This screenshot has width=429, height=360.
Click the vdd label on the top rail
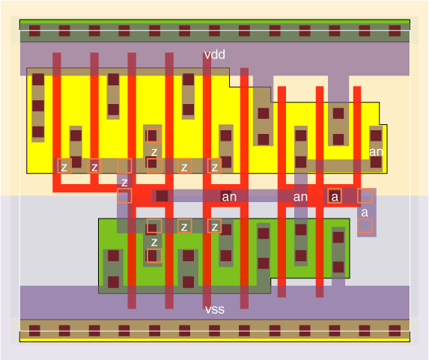(215, 55)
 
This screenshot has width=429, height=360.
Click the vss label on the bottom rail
(215, 310)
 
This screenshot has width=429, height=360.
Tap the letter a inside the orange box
(335, 196)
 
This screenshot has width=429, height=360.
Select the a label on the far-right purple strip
(365, 213)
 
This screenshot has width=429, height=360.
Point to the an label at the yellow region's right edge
(376, 152)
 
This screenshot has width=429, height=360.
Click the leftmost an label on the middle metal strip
(229, 197)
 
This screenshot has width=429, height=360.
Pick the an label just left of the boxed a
(300, 197)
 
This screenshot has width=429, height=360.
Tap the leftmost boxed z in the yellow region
(64, 166)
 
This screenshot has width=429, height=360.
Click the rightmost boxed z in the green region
(214, 227)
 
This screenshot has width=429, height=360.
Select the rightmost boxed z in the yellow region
(214, 166)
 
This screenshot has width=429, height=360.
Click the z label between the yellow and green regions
(124, 182)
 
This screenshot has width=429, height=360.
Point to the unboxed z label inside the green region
(154, 242)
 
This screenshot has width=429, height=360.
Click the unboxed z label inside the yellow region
(154, 152)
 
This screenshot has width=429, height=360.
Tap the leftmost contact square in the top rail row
(34, 31)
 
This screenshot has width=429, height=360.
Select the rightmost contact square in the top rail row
(395, 31)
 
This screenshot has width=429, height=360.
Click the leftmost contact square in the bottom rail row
(34, 331)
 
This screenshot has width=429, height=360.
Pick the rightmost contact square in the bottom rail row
(395, 331)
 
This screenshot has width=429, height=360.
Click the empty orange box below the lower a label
(365, 226)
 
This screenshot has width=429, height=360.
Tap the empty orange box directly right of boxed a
(365, 196)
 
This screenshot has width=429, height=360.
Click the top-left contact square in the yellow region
(38, 79)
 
